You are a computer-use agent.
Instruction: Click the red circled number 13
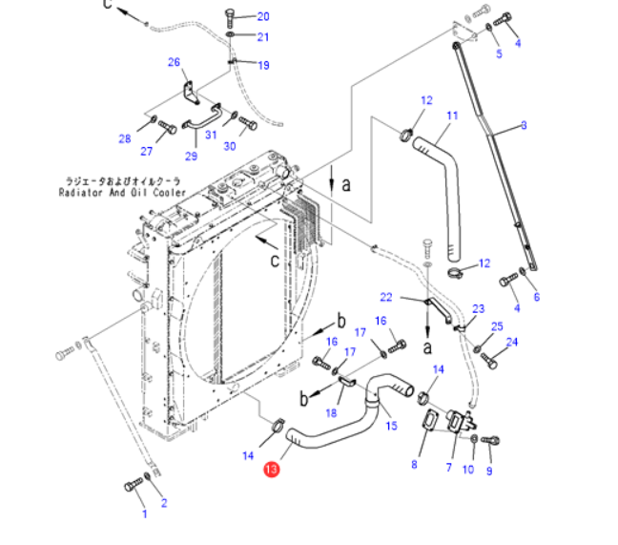[x=272, y=469]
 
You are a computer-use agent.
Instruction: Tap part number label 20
[x=263, y=16]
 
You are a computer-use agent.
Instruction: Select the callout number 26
[x=174, y=63]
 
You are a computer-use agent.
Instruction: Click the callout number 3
[x=524, y=125]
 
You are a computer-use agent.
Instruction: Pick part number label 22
[x=385, y=297]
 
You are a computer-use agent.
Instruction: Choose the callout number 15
[x=390, y=426]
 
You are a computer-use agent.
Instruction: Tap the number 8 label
[x=414, y=465]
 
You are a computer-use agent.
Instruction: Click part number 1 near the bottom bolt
[x=145, y=514]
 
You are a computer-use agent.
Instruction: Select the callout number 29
[x=190, y=157]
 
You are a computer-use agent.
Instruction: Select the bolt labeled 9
[x=492, y=440]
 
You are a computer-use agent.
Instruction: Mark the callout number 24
[x=511, y=342]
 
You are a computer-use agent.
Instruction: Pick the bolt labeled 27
[x=167, y=125]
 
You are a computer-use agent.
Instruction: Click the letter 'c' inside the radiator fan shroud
[x=273, y=258]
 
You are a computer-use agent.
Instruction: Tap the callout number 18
[x=331, y=413]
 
